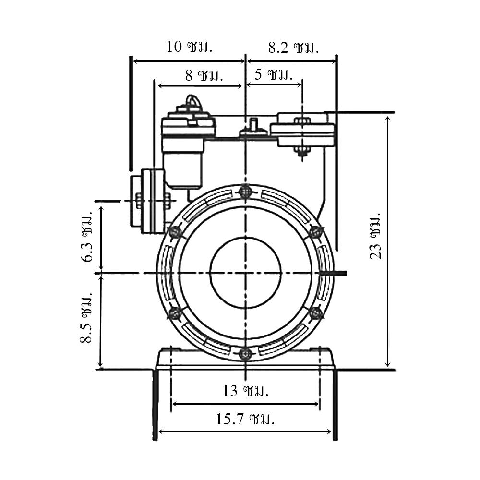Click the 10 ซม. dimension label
[x=189, y=47]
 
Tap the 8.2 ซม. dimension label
[x=294, y=48]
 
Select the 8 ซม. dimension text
[x=204, y=75]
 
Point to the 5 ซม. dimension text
[x=274, y=74]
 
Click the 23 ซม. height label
[x=375, y=236]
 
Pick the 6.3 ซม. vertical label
[x=87, y=236]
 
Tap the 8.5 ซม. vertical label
[x=86, y=318]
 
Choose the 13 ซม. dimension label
[x=245, y=391]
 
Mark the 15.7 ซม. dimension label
[x=245, y=419]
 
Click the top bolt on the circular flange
[x=245, y=192]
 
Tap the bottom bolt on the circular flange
[x=245, y=354]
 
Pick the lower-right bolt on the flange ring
[x=315, y=313]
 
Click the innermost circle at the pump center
[x=245, y=273]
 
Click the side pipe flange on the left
[x=148, y=201]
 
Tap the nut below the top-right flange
[x=302, y=151]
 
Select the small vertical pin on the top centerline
[x=253, y=124]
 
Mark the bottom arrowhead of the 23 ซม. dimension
[x=388, y=363]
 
